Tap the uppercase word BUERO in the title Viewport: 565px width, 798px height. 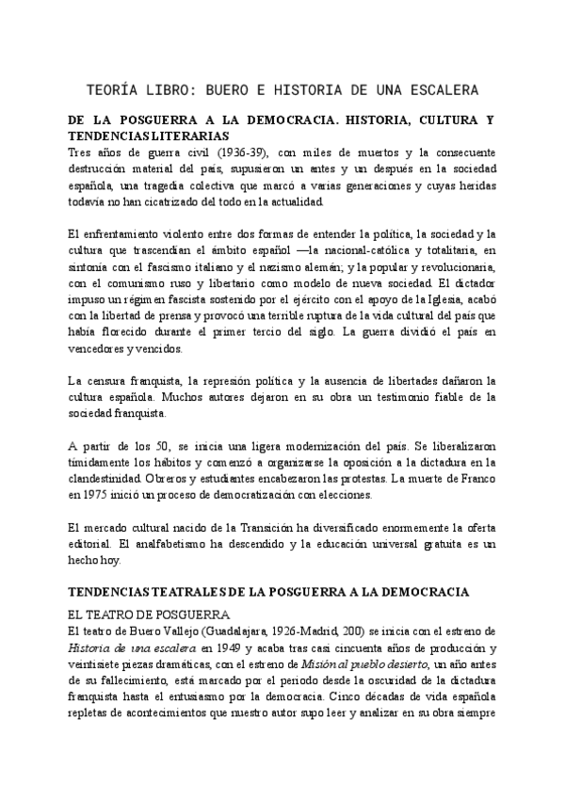(x=227, y=90)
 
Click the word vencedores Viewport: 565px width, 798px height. (x=99, y=346)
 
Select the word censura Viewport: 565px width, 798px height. (x=104, y=380)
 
